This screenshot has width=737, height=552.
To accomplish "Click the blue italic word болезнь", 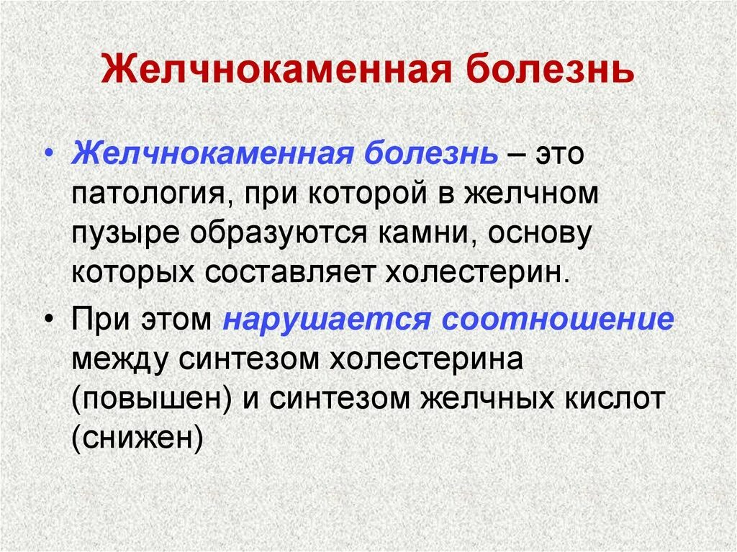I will (x=439, y=155).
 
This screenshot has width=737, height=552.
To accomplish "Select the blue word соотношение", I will (x=558, y=318).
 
